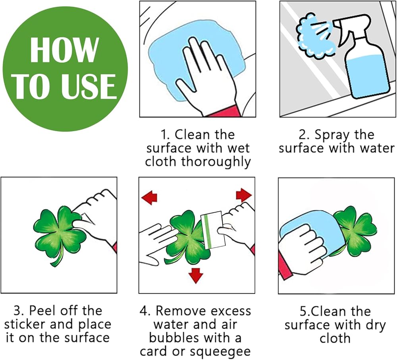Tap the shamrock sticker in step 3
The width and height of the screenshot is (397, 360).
point(60,234)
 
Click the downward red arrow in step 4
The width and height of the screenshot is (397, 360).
point(196,275)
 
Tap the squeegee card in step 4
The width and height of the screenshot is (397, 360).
point(213,230)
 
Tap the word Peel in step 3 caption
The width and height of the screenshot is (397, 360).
point(41,311)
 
